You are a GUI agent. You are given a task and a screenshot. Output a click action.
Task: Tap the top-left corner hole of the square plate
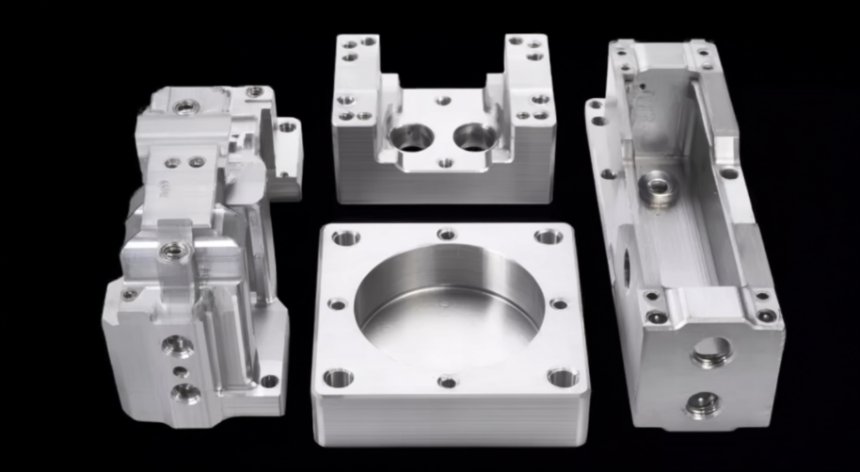(345, 237)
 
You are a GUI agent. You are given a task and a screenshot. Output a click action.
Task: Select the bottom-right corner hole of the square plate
(562, 378)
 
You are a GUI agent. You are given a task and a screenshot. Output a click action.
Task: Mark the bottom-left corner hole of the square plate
(337, 378)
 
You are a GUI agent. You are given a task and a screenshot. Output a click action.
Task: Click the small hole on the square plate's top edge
(447, 234)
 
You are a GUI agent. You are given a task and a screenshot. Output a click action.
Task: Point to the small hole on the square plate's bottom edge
(448, 382)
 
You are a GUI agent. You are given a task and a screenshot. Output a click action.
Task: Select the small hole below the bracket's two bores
(445, 163)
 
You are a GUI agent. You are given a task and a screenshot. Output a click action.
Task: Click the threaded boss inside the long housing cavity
(657, 188)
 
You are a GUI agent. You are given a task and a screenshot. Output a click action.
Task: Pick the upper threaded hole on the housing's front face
(712, 351)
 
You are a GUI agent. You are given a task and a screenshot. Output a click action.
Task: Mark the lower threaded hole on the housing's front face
(702, 404)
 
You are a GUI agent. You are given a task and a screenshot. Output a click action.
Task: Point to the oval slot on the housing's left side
(624, 267)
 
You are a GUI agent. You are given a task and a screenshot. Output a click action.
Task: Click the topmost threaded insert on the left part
(186, 106)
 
